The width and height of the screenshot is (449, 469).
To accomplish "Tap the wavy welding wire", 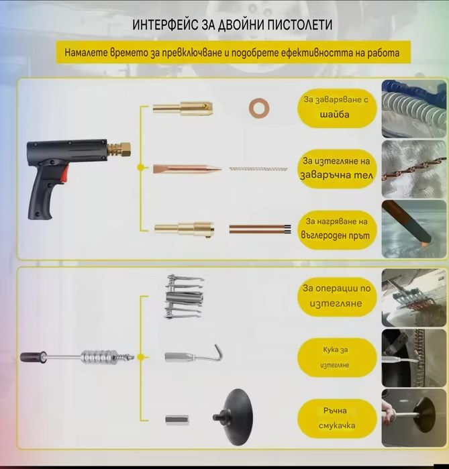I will coord(258,168).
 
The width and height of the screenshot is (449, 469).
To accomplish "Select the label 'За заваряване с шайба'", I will coord(336,107).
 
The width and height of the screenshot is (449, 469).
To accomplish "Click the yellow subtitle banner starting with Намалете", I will coord(232,52).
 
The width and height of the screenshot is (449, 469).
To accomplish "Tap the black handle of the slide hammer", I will coord(33,357).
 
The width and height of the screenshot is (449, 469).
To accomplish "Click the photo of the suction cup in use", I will coord(414,418).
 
